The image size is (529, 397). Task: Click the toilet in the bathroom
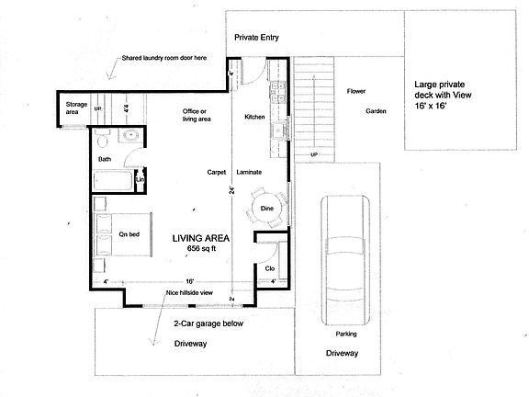[x=103, y=141]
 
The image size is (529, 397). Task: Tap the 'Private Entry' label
[x=256, y=39]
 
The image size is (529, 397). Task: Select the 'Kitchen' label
[x=254, y=118]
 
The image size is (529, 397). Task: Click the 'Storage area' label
[x=75, y=108]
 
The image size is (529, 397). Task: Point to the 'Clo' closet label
[x=270, y=269]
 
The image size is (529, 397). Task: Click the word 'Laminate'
[x=250, y=172]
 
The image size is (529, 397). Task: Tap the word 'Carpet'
[x=217, y=172]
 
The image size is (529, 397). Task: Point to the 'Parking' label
[x=345, y=334]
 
